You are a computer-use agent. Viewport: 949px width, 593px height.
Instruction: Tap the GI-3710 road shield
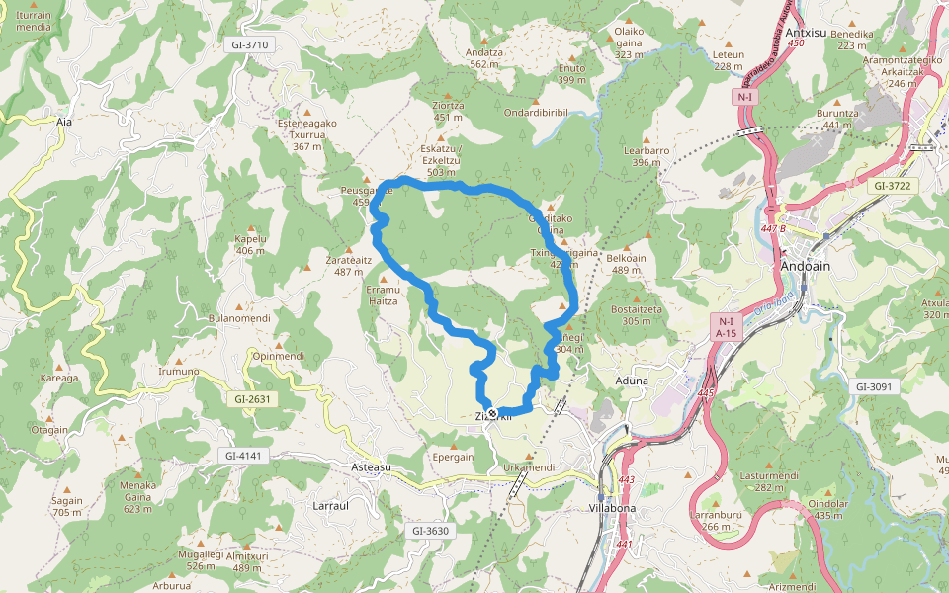click(249, 45)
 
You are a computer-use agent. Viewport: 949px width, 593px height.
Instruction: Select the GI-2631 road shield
click(252, 399)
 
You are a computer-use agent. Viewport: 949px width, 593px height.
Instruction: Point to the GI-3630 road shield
click(430, 531)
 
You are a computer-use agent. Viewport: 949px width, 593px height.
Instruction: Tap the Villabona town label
click(612, 508)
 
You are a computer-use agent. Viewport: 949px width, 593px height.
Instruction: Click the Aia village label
click(65, 122)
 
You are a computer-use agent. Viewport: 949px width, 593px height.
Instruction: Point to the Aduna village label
click(632, 380)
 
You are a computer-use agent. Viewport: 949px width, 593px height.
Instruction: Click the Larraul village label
click(331, 505)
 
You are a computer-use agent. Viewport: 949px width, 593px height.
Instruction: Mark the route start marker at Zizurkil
click(492, 414)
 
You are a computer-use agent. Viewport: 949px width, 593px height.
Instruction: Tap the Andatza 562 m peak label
click(483, 57)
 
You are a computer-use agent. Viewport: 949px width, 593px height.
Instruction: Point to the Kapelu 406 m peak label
click(250, 244)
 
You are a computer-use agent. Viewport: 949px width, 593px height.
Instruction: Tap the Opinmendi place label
click(278, 356)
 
